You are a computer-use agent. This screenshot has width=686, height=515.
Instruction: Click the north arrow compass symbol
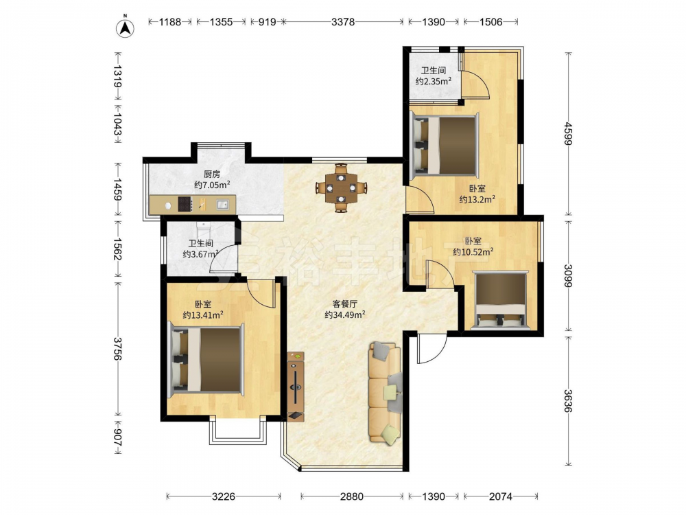[125, 27]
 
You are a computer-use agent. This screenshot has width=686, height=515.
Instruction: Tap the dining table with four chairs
[341, 188]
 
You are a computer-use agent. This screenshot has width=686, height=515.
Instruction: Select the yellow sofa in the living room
[385, 393]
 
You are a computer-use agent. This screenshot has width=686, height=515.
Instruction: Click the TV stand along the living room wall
[296, 386]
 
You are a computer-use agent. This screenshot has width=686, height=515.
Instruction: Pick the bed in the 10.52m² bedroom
[501, 300]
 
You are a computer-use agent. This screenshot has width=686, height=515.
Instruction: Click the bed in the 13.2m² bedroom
[445, 144]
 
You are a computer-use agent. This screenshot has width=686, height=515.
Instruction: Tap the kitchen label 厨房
[212, 174]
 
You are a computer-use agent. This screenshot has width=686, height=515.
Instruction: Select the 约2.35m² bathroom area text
[433, 81]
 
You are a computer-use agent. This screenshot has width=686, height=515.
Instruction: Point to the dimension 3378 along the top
[342, 21]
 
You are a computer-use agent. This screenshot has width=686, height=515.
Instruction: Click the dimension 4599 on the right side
[568, 133]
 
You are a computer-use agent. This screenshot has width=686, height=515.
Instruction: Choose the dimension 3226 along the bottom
[224, 496]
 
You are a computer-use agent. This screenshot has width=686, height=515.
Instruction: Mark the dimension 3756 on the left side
[117, 349]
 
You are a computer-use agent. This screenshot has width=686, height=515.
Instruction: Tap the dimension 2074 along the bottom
[501, 496]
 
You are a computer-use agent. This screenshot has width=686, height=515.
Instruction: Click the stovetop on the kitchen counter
[185, 204]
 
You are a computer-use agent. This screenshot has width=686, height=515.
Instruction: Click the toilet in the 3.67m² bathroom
[204, 229]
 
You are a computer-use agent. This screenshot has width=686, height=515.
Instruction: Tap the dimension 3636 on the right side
[568, 401]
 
